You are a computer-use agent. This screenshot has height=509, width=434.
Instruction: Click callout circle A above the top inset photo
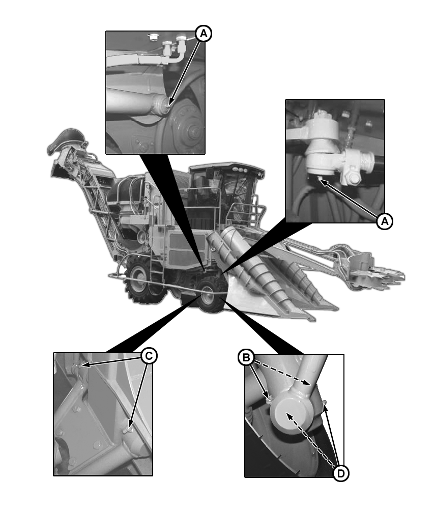[203, 34]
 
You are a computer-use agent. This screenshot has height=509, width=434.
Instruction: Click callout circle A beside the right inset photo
[385, 221]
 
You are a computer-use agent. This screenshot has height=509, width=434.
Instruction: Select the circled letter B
[246, 358]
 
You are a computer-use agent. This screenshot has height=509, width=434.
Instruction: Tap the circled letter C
[148, 355]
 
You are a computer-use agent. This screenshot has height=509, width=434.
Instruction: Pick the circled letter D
[341, 473]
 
